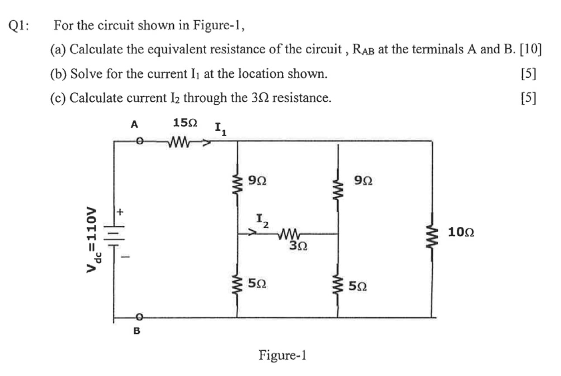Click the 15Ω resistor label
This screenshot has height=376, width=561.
point(185,123)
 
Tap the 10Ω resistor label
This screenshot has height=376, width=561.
point(461,232)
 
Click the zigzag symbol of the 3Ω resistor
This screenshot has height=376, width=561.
point(290,234)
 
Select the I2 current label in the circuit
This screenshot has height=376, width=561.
point(262,219)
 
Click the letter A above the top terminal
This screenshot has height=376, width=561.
point(135,125)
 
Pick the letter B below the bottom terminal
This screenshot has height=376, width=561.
point(137,331)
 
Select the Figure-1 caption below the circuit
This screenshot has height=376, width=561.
point(283,355)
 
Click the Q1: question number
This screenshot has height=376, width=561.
point(20,26)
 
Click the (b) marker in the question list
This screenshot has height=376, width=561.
point(59,74)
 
